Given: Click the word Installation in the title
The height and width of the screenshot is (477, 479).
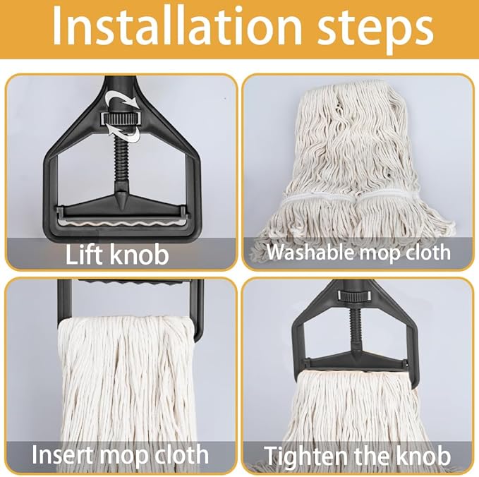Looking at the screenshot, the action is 176,28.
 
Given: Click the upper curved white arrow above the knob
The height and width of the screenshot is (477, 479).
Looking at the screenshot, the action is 121,98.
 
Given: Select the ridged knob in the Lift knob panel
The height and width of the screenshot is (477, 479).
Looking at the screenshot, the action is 120,118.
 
